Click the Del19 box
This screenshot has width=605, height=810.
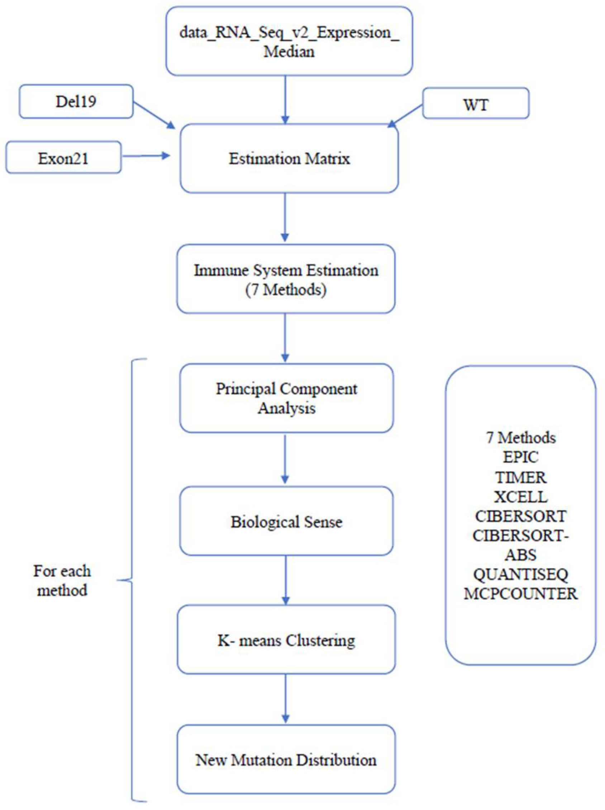click(x=76, y=101)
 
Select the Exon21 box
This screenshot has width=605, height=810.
click(x=63, y=158)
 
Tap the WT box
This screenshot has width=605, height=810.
click(x=475, y=104)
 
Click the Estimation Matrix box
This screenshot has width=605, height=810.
click(x=289, y=158)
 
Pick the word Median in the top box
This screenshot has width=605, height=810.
click(x=289, y=52)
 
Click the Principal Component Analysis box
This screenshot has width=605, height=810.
click(x=286, y=398)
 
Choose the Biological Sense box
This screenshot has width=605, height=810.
click(x=286, y=521)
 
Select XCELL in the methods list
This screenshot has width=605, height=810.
click(x=520, y=497)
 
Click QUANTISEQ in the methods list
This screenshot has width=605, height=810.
click(x=520, y=574)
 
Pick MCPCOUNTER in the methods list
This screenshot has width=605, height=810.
click(x=520, y=594)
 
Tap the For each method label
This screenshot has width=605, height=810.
click(x=62, y=580)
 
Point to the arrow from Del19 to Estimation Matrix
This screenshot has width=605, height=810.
click(x=154, y=115)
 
